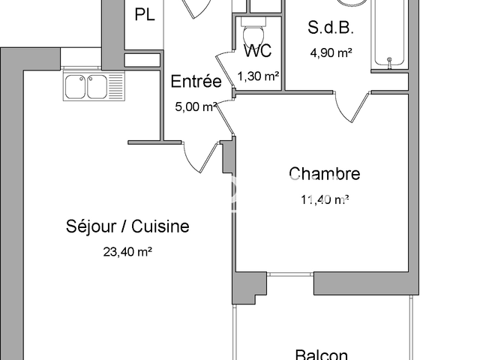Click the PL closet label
[145, 15]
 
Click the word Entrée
[196, 82]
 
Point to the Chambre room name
[324, 174]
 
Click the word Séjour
[92, 226]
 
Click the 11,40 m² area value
[324, 199]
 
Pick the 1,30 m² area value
[259, 76]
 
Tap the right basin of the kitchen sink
[97, 88]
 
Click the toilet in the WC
[252, 33]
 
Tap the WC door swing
[226, 71]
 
